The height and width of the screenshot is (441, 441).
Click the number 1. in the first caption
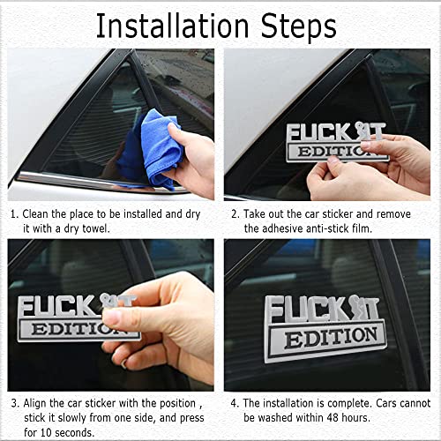tap(14, 213)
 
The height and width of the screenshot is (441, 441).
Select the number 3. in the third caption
tap(14, 402)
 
